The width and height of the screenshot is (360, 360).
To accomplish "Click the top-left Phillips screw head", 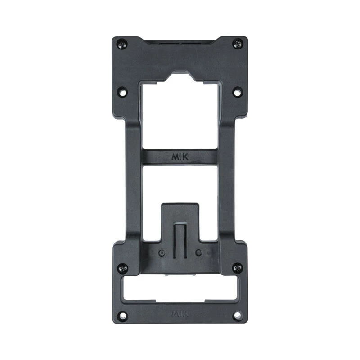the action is (x=122, y=44).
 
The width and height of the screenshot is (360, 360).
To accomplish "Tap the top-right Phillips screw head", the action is (x=238, y=44).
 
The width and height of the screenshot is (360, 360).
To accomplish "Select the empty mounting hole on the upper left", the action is (x=123, y=92).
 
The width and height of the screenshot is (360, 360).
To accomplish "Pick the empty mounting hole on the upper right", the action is (x=238, y=92).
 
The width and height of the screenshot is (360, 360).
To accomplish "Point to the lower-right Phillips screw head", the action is (x=238, y=268).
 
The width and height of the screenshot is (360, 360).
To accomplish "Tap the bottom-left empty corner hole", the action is (x=122, y=315).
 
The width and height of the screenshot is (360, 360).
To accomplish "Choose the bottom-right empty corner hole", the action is (x=238, y=315).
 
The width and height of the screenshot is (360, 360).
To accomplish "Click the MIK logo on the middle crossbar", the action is (x=180, y=157).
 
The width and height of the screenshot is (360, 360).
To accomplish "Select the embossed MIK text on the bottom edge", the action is (x=180, y=313).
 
